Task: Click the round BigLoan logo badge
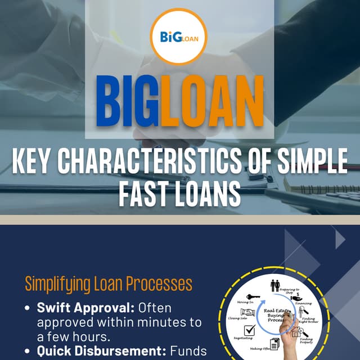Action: (x=179, y=37)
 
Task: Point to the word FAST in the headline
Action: (x=145, y=195)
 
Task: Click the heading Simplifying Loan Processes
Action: (x=108, y=283)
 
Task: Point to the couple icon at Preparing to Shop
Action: (x=275, y=286)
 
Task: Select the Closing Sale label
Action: (x=237, y=317)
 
